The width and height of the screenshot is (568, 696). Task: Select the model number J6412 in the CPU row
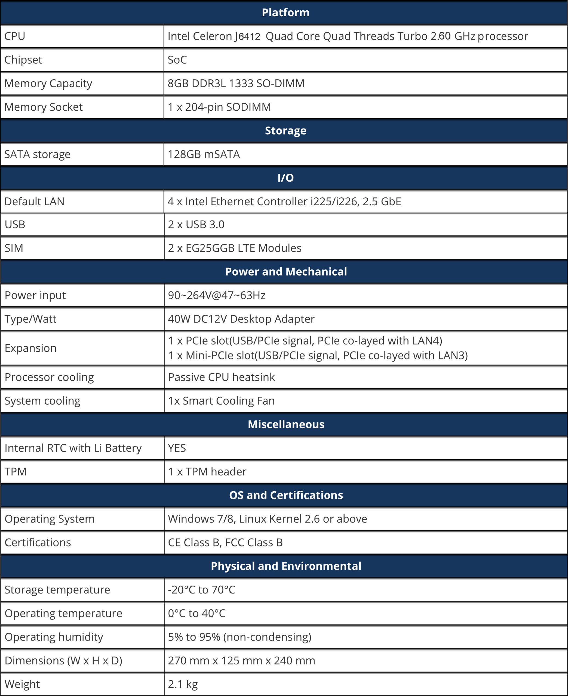point(247,36)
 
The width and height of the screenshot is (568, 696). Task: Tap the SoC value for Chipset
point(177,60)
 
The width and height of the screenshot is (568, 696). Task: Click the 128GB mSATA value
point(204,154)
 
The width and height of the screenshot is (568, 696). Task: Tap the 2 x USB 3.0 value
point(196,225)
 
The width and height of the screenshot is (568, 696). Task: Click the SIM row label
point(14,248)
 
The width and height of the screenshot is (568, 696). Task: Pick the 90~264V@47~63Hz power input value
point(216,295)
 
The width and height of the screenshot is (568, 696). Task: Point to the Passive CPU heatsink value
point(221,377)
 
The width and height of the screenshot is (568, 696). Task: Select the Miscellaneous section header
point(286,424)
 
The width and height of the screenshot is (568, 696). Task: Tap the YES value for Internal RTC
point(177,448)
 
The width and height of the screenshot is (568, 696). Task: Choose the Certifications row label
point(38,543)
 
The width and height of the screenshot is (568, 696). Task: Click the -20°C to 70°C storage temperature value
point(202,590)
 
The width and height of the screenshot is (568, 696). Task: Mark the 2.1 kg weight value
point(183,684)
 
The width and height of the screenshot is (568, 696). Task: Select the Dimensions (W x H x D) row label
point(63,661)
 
